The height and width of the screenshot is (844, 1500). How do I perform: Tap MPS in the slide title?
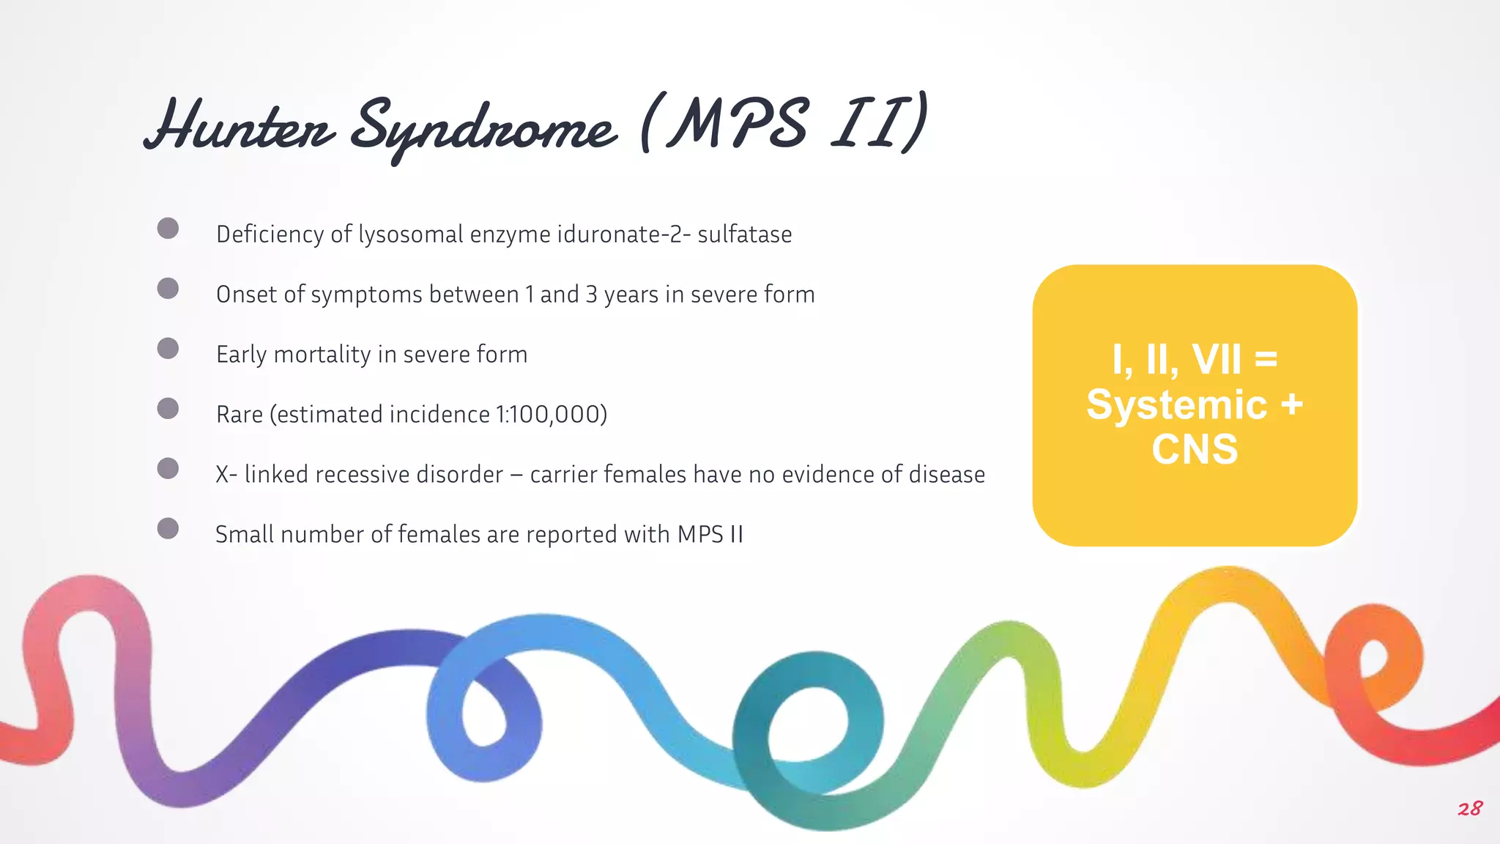pos(740,123)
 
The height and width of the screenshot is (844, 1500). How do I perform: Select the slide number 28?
pos(1469,809)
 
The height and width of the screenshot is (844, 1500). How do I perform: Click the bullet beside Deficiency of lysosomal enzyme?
pos(168,229)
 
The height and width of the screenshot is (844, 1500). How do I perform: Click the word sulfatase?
pos(744,234)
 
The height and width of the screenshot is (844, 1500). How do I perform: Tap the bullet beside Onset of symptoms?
pos(168,289)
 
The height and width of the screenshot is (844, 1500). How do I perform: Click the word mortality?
pos(322,355)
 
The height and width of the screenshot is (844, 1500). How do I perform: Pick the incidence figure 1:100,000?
pos(548,415)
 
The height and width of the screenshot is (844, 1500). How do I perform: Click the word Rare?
pos(240,415)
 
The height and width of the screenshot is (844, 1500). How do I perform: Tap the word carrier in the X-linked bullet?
pos(563,475)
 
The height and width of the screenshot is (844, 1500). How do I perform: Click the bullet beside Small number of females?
pos(168,529)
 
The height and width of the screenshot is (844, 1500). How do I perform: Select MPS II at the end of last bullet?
pos(710,535)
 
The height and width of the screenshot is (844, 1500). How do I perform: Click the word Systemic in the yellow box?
pos(1176,404)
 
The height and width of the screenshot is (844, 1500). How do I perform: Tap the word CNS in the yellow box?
pos(1195,449)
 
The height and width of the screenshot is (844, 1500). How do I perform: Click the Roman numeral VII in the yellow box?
pos(1217,360)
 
